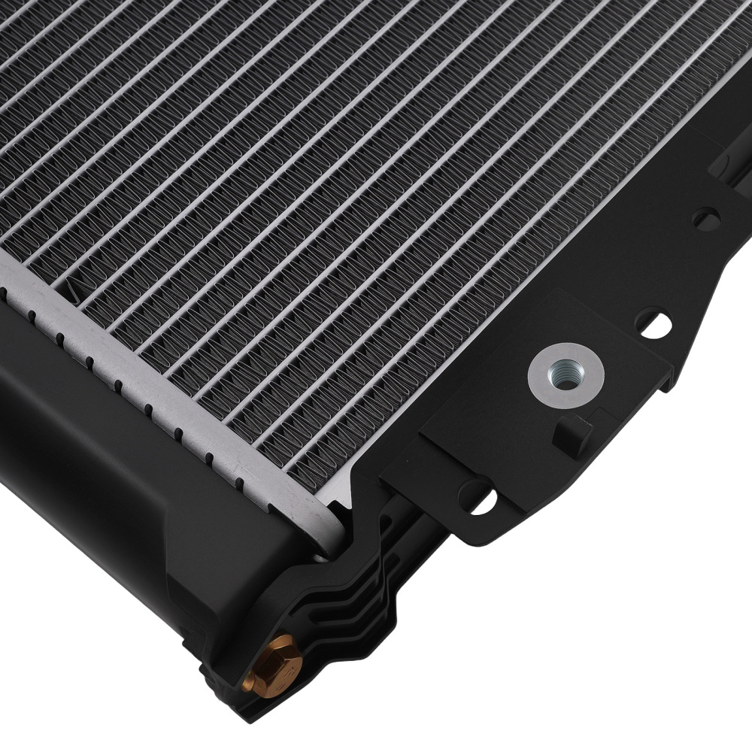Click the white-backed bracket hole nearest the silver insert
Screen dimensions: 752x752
pos(653,324)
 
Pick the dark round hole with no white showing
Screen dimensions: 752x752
pos(705,219)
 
